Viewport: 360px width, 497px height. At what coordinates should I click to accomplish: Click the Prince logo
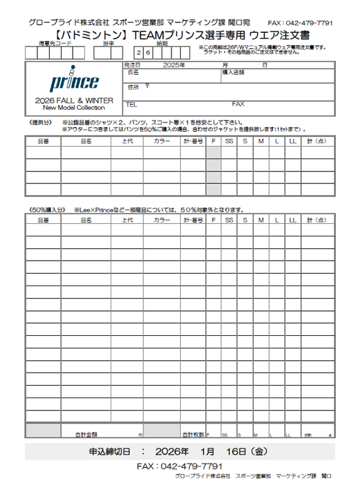pos(73,83)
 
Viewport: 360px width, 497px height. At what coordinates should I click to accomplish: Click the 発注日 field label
pos(132,65)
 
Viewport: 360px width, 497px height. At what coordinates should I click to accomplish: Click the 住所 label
pos(133,86)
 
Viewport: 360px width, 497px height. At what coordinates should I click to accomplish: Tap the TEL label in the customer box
pos(131,104)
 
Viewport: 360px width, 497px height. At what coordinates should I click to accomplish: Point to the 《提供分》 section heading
pos(41,122)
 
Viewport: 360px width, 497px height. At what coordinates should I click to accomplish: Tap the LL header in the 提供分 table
pos(292,141)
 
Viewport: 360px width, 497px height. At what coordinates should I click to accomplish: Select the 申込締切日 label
pos(109,452)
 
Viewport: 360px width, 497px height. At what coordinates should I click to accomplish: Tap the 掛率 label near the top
pos(109,43)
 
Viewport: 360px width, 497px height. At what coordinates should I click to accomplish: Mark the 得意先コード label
pos(55,43)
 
